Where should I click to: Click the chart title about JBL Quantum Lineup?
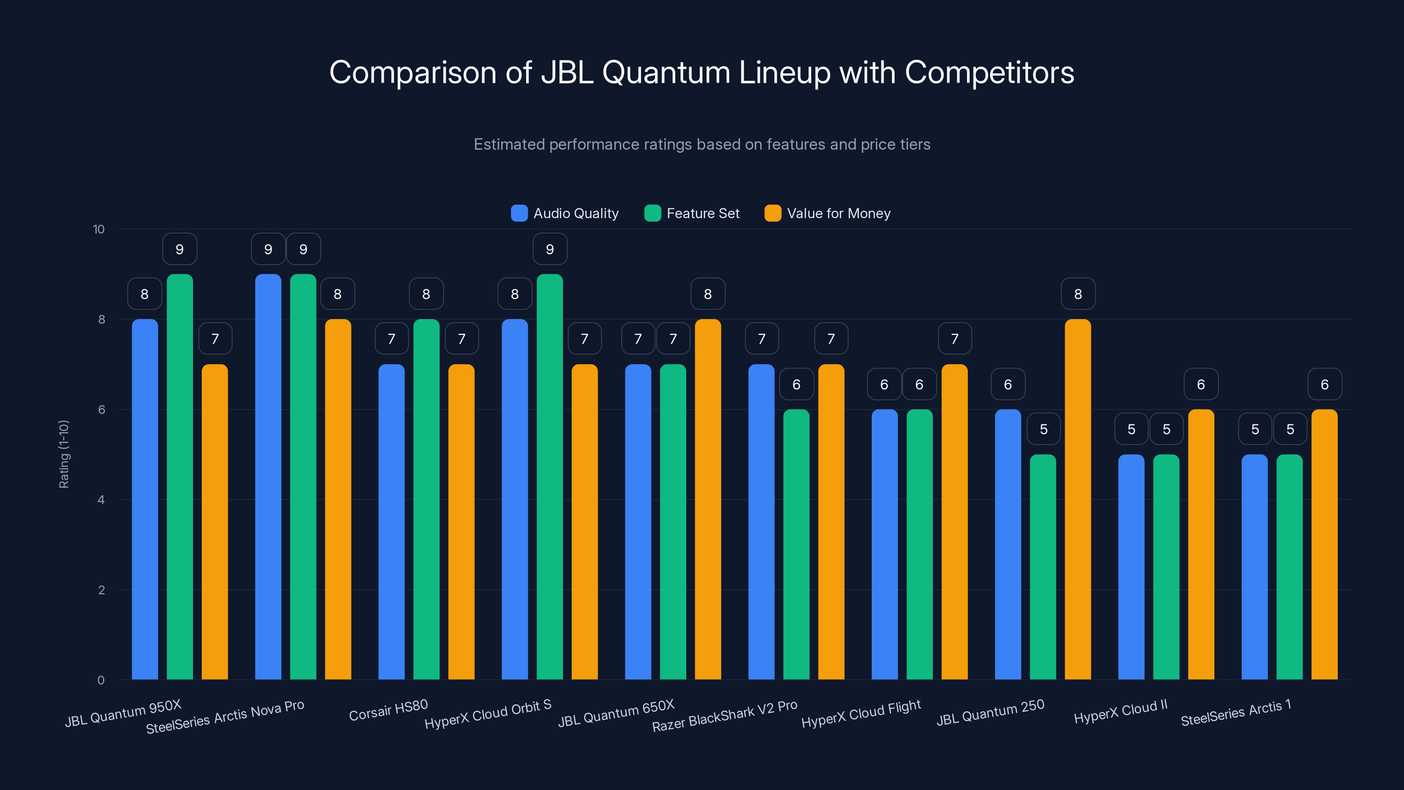(x=702, y=72)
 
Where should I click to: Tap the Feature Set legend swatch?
(x=652, y=213)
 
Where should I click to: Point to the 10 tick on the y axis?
(x=99, y=230)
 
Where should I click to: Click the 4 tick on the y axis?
(x=101, y=500)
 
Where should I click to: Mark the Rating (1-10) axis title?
(x=64, y=454)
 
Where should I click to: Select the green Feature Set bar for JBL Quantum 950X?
(x=180, y=477)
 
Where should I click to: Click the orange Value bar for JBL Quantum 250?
(x=1078, y=499)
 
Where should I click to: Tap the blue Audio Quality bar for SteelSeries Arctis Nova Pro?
(x=268, y=477)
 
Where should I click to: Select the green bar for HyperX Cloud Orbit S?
(x=549, y=477)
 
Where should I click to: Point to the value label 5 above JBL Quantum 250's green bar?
(x=1043, y=430)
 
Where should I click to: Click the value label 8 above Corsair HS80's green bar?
(x=426, y=294)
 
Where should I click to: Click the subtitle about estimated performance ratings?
(x=702, y=144)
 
